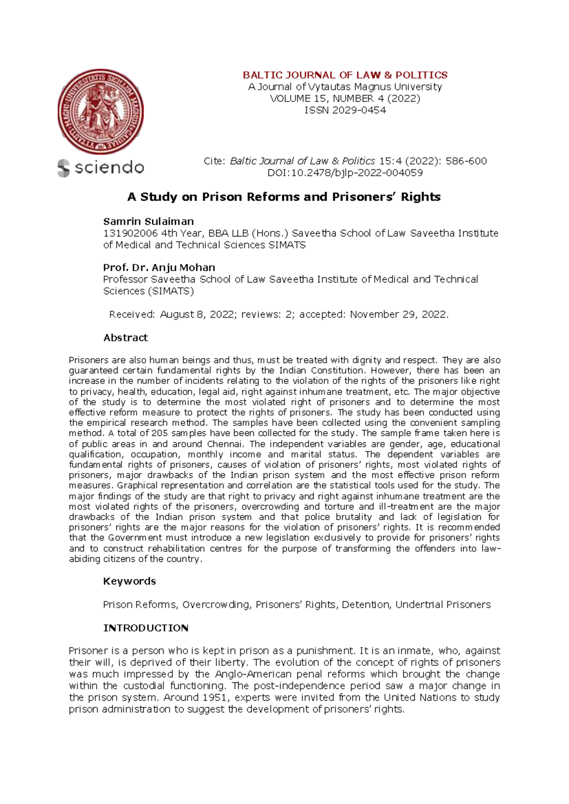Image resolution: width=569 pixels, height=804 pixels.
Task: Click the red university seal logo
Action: click(x=101, y=112)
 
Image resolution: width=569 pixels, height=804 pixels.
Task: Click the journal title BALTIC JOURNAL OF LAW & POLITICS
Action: click(x=345, y=75)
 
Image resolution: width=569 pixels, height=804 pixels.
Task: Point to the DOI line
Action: click(x=345, y=173)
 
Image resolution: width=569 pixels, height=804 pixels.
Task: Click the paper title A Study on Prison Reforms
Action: click(x=284, y=197)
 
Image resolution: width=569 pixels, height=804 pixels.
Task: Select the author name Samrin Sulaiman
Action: click(x=148, y=221)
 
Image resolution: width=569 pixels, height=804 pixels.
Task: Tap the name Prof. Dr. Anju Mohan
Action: click(x=159, y=267)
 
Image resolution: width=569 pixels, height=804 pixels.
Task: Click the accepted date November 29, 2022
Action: click(x=398, y=314)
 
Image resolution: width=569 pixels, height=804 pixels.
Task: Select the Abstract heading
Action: click(x=125, y=338)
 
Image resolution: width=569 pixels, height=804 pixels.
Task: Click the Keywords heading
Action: click(x=129, y=581)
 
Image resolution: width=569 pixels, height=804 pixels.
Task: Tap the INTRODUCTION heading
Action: click(x=146, y=628)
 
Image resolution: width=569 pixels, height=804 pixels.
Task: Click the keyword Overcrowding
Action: click(x=216, y=605)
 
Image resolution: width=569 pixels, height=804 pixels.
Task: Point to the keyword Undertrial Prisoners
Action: click(x=443, y=605)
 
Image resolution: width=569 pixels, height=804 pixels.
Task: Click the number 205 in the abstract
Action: click(x=157, y=433)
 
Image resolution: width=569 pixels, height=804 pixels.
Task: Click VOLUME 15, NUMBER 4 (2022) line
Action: click(x=345, y=99)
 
